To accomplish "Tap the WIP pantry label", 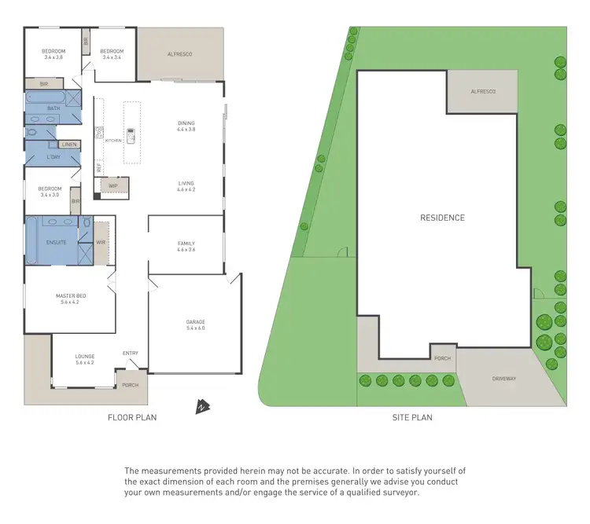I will (112, 186).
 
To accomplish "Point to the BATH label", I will (53, 108).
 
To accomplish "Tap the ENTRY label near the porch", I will (131, 354).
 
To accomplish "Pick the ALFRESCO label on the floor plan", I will (180, 54).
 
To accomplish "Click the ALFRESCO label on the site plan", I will (483, 92).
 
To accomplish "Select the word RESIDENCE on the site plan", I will (442, 218).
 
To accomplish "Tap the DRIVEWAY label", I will (505, 379).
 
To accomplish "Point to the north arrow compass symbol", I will (202, 406).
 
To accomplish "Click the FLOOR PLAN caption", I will (132, 418).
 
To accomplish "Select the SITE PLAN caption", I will (412, 418).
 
